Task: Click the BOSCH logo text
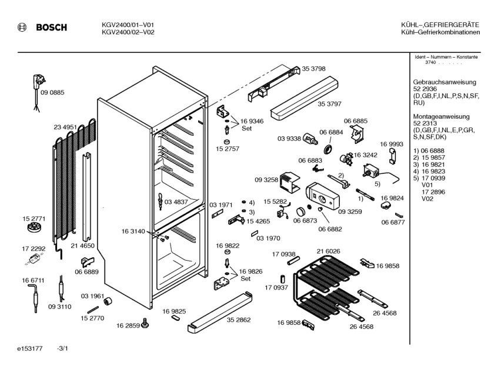point(51,28)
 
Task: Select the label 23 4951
point(65,127)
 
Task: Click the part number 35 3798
point(314,69)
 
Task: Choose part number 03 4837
point(176,201)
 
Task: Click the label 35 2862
point(239,320)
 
